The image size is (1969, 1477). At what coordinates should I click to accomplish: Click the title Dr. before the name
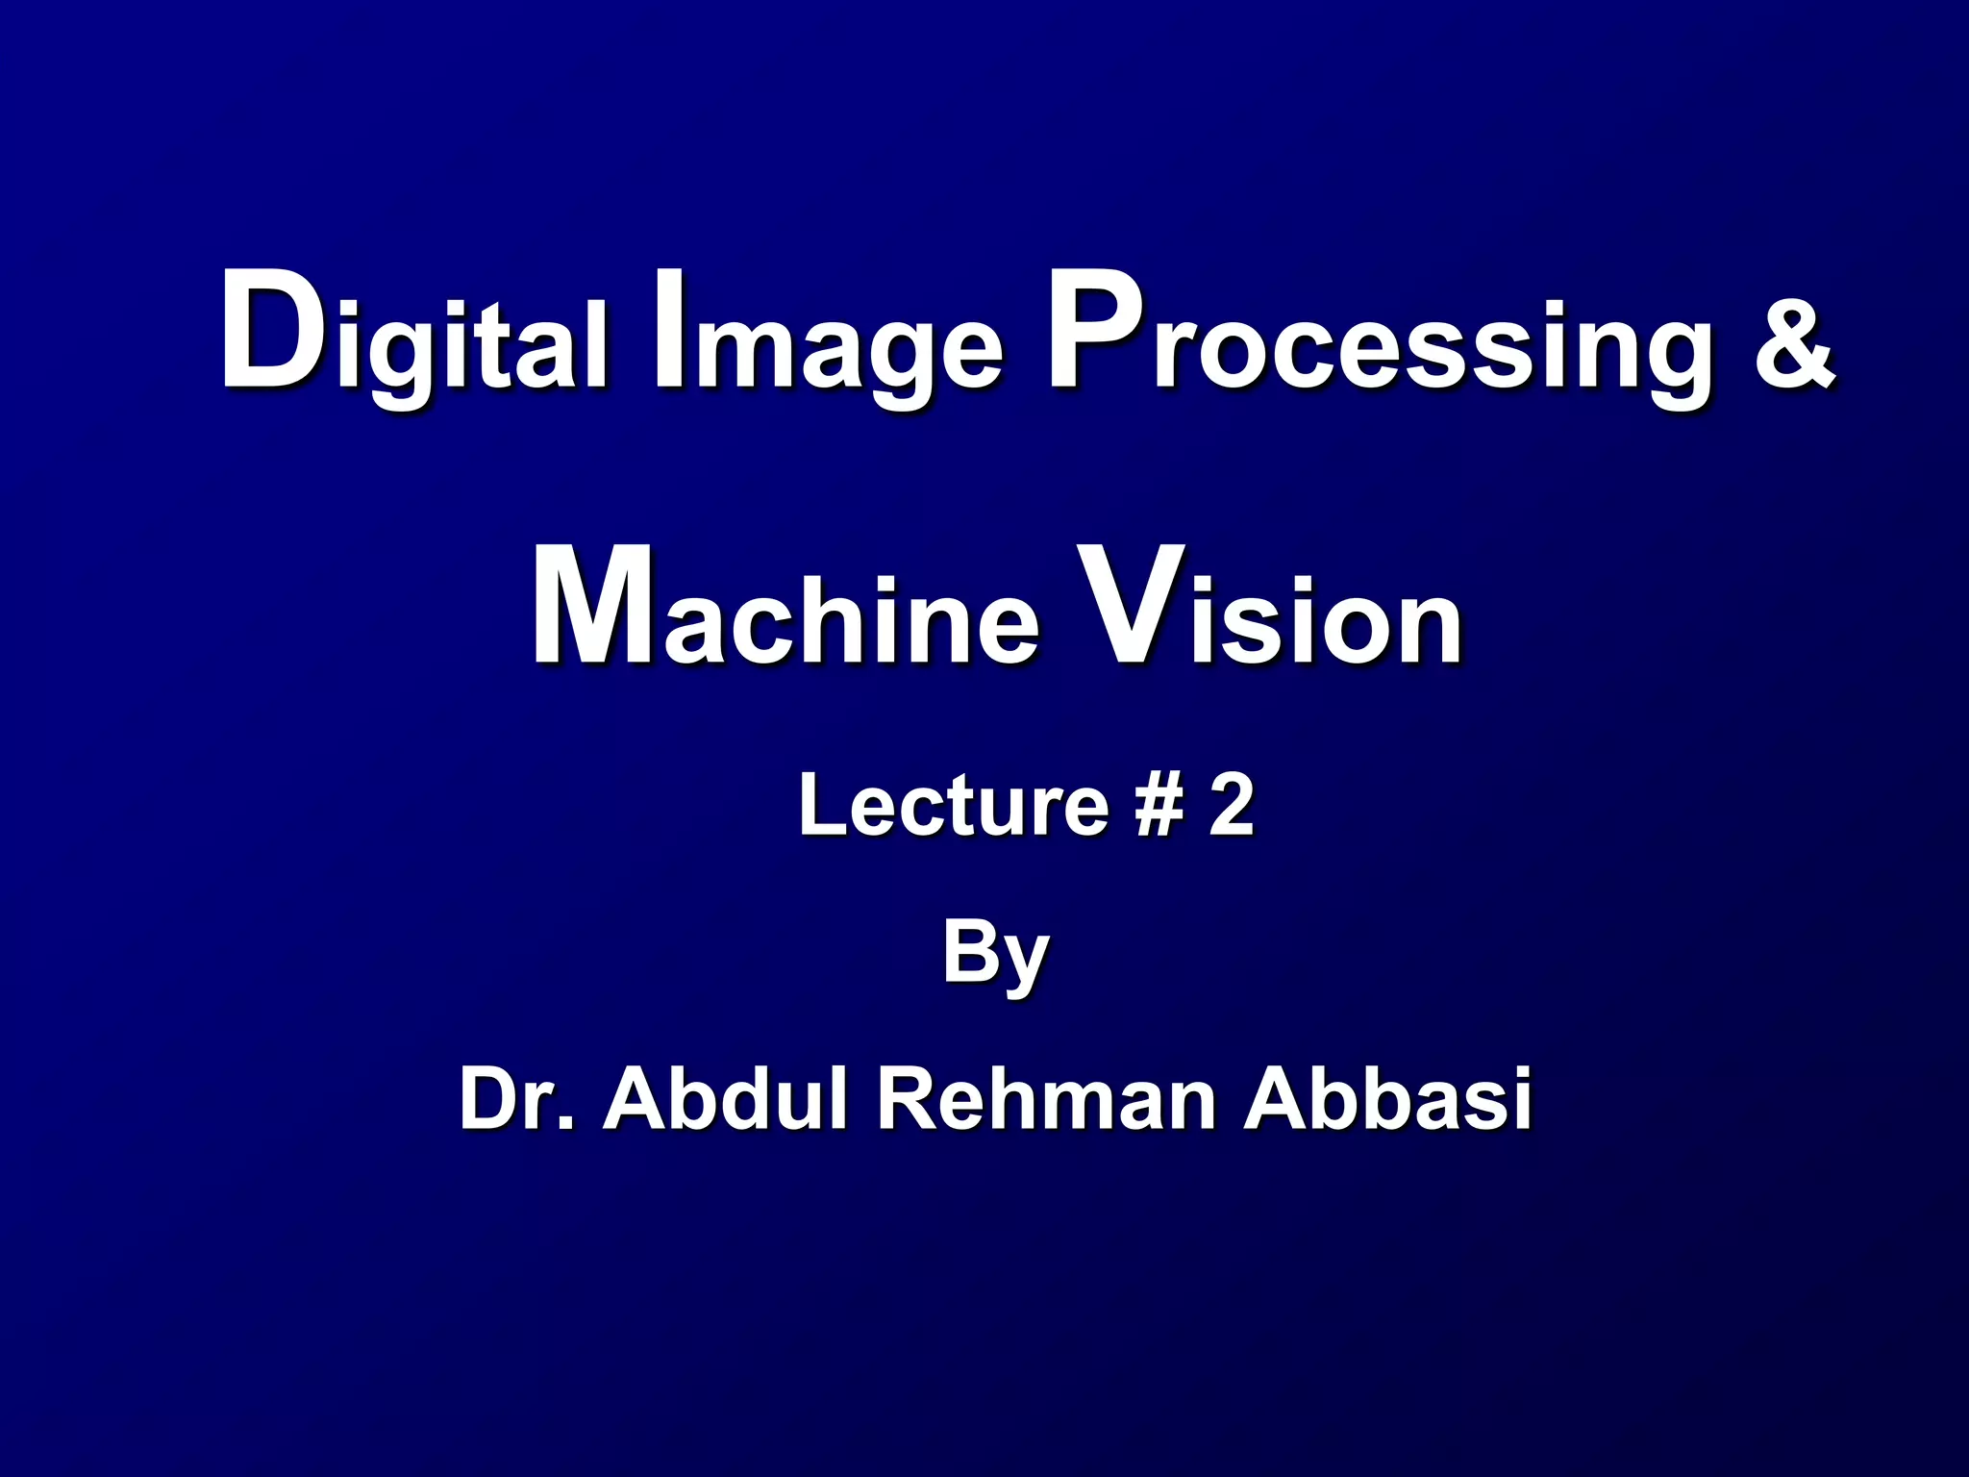click(515, 1098)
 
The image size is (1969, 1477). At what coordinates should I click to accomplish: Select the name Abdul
click(727, 1098)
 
